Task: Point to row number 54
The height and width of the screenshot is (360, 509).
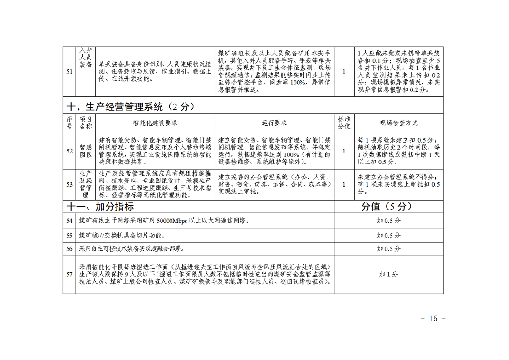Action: point(69,221)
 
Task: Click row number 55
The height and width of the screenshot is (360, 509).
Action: point(69,236)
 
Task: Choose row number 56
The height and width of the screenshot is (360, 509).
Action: point(69,249)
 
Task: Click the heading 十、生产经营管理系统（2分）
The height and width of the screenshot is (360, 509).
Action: point(131,107)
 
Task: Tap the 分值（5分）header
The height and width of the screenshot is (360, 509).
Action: point(387,207)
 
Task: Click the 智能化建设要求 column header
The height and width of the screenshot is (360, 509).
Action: point(155,123)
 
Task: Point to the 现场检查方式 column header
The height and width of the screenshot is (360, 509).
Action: point(399,123)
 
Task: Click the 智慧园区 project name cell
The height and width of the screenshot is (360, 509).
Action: point(86,151)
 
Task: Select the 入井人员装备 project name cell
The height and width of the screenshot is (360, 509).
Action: point(86,57)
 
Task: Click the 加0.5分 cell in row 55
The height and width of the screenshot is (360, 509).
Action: point(388,236)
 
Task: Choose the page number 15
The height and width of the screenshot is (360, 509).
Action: point(433,319)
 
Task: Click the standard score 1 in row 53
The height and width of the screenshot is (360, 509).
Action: point(344,185)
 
